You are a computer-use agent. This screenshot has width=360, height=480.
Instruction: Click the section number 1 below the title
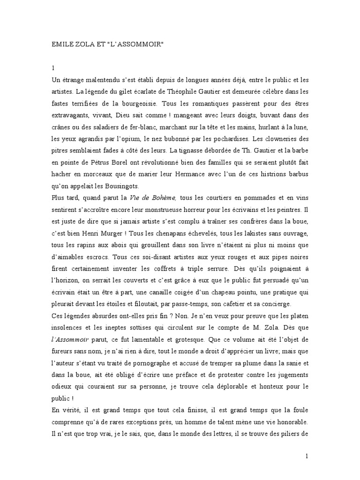(53, 68)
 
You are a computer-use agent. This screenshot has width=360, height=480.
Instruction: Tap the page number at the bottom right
(307, 456)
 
